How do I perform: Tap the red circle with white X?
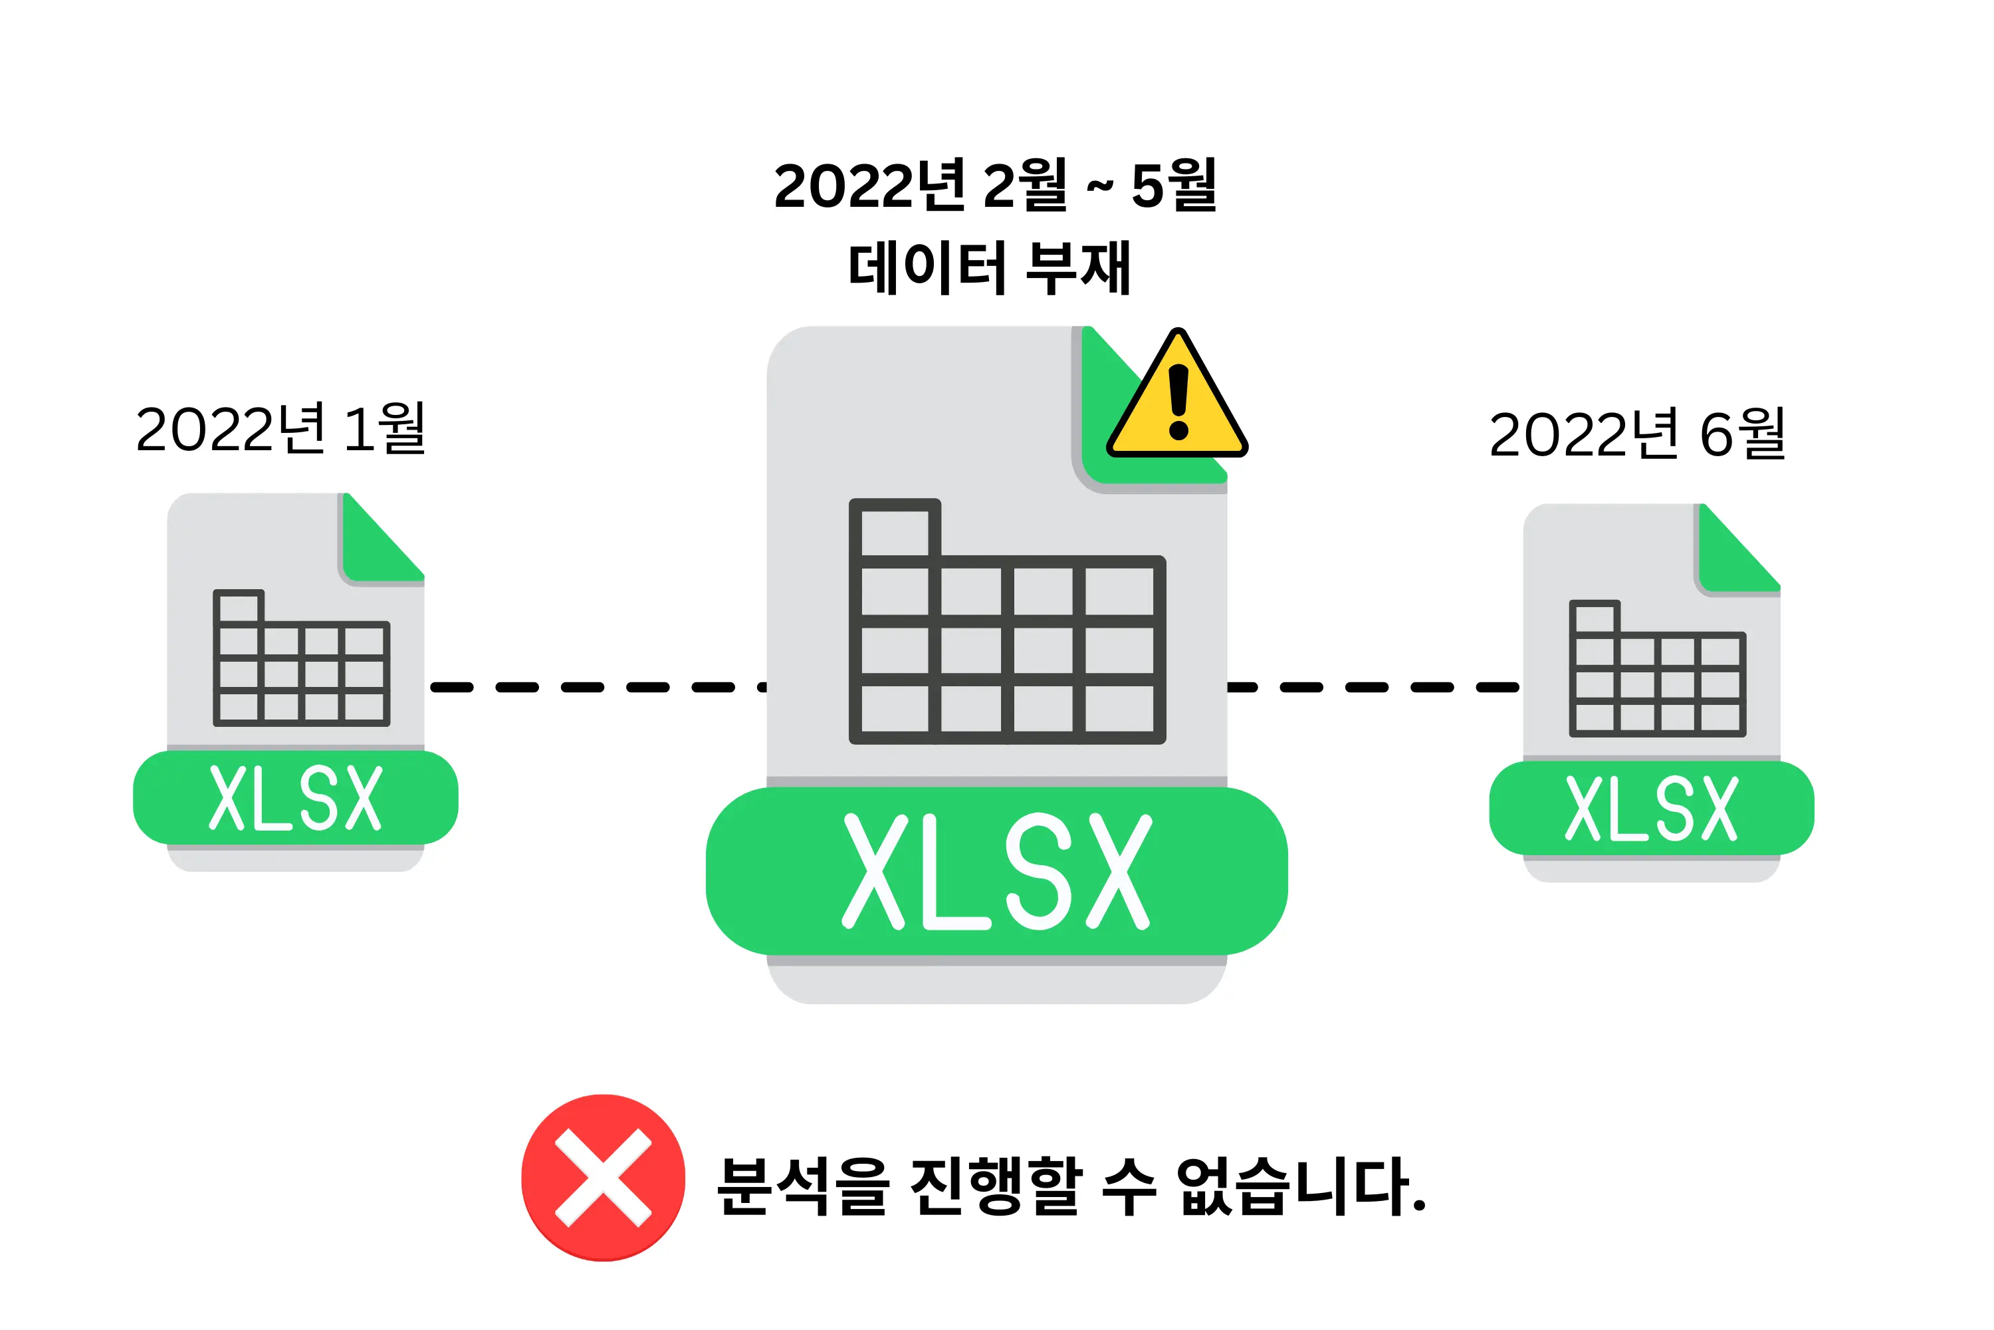(x=603, y=1177)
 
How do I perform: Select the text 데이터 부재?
(x=990, y=267)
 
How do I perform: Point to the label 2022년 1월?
(x=280, y=428)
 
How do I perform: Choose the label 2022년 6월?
(x=1637, y=434)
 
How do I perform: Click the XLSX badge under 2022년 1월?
(x=295, y=797)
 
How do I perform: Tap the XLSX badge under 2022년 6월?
(x=1652, y=809)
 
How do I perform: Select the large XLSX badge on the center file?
(x=996, y=871)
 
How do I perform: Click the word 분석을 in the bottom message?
(x=801, y=1186)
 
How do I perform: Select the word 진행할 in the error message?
(x=996, y=1186)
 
